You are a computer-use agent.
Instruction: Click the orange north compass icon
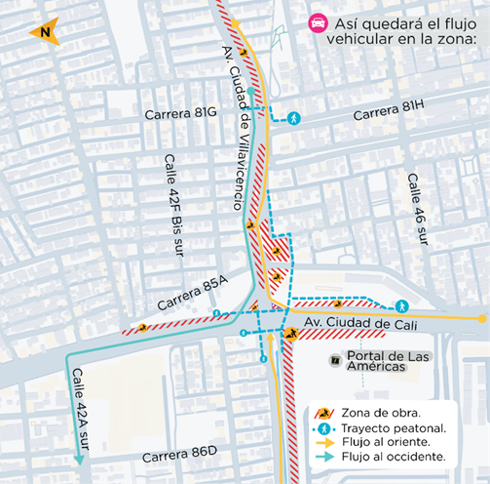[x=43, y=32]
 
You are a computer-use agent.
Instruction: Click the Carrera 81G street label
[x=180, y=114]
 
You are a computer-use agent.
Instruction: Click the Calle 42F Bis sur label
[x=173, y=208]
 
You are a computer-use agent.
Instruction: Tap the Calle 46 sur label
[x=415, y=211]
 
